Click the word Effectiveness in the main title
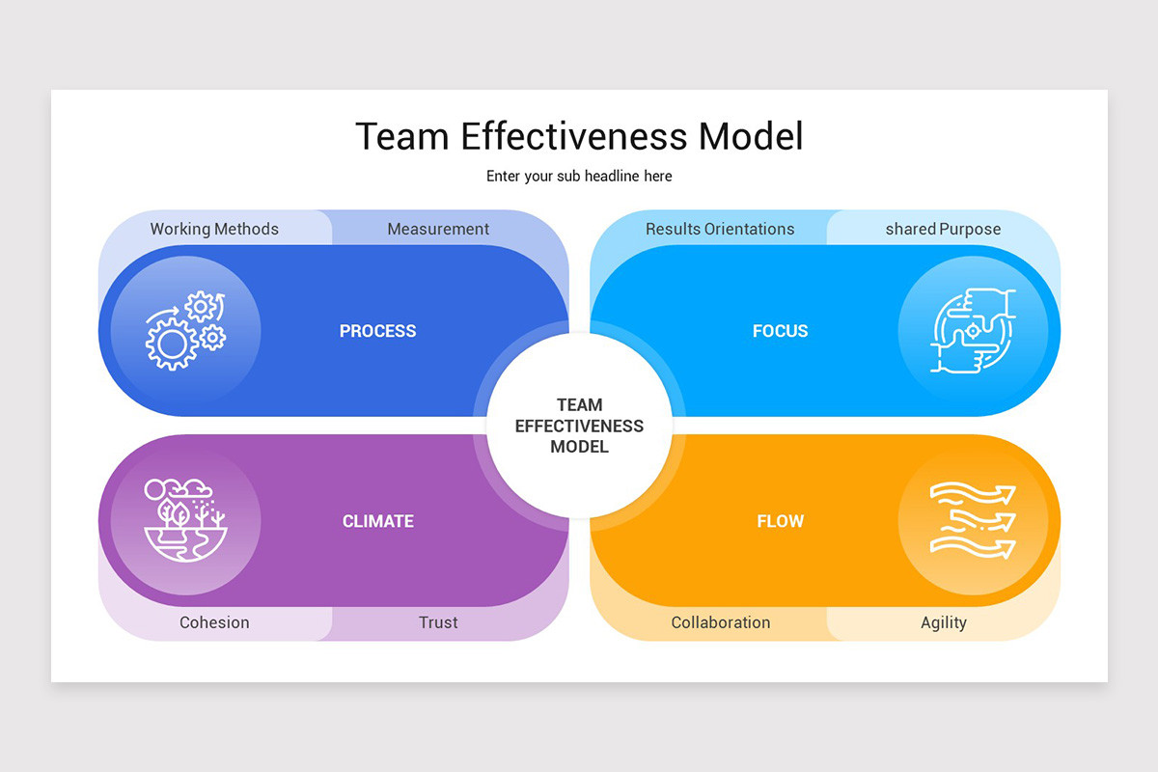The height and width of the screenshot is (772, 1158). coord(574,136)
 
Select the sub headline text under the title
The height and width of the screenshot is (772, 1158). coord(579,177)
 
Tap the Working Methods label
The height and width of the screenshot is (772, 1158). coord(214,229)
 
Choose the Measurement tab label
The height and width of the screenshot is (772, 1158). coord(438,229)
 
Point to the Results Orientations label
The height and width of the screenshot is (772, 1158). coord(720,229)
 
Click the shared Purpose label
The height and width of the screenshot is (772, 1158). coord(943,229)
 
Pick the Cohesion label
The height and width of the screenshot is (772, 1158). coord(214,622)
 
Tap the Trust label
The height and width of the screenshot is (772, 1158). coord(438,622)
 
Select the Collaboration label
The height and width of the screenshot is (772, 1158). coord(721,622)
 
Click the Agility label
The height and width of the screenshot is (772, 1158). coord(944,622)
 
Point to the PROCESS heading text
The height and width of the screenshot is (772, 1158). coord(377,331)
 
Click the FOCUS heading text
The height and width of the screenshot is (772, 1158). coord(780,331)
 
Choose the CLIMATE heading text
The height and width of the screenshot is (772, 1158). coord(377,521)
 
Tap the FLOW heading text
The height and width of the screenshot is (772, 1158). coord(780,521)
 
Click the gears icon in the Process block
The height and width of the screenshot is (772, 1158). coord(185,331)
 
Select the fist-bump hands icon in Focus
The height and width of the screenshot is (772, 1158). coord(973,331)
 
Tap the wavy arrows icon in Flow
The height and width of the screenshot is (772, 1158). coord(973,520)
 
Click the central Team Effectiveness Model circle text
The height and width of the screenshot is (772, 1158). coord(579,426)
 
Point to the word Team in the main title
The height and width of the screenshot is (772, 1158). coord(402,136)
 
